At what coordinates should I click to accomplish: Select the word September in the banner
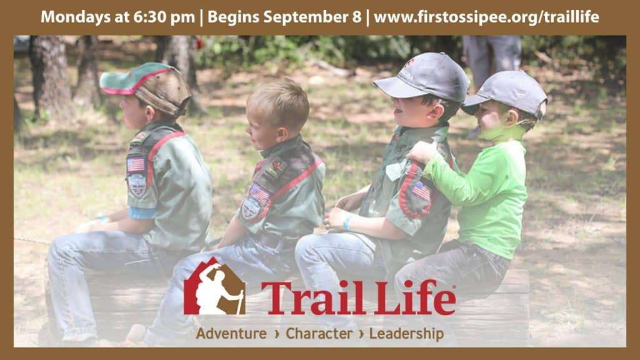tap(306, 17)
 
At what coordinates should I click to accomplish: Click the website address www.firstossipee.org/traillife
tap(486, 17)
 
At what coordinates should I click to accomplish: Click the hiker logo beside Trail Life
tap(214, 286)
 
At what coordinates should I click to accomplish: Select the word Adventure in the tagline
tap(231, 334)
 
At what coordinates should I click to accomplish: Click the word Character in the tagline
tap(319, 334)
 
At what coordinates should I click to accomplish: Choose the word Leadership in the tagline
tap(406, 334)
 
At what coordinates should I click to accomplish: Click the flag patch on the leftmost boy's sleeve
tap(136, 164)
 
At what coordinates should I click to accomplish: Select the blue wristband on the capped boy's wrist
tap(346, 223)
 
